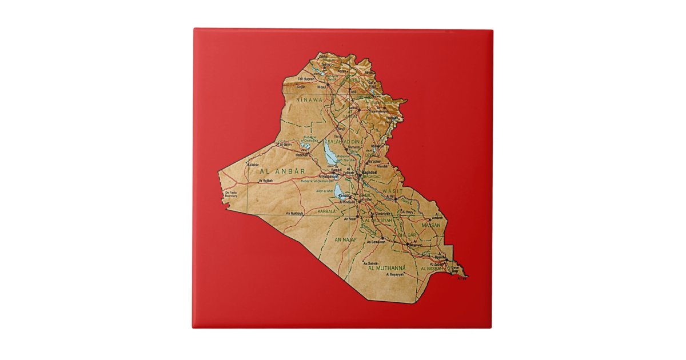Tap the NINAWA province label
pyautogui.click(x=309, y=99)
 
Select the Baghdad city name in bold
pyautogui.click(x=370, y=171)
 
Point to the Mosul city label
pyautogui.click(x=322, y=87)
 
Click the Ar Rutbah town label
pyautogui.click(x=266, y=181)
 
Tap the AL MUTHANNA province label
pyautogui.click(x=387, y=268)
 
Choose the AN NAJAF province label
pyautogui.click(x=345, y=239)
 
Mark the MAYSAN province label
pyautogui.click(x=431, y=225)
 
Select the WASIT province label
pyautogui.click(x=392, y=190)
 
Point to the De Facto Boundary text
pyautogui.click(x=231, y=194)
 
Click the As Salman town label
pyautogui.click(x=370, y=263)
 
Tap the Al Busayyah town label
pyautogui.click(x=395, y=274)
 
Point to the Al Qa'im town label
pyautogui.click(x=284, y=145)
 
